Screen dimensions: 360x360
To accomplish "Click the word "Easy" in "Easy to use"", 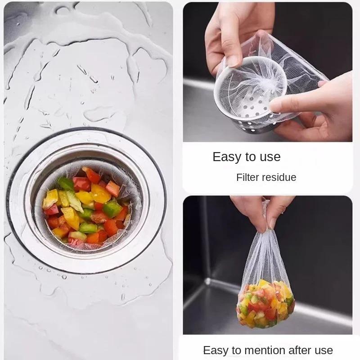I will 227,157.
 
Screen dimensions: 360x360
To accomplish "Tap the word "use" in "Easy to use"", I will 270,157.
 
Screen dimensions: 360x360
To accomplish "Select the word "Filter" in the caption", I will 248,177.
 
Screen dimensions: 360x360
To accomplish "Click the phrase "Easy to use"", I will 246,157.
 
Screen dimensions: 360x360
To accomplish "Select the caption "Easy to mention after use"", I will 268,351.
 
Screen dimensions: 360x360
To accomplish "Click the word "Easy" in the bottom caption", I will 216,351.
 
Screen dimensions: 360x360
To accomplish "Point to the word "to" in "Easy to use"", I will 250,157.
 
